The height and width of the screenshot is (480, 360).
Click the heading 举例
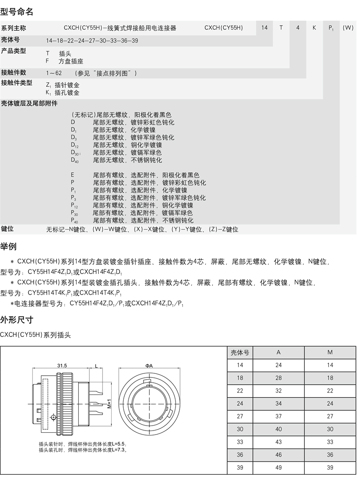point(9,247)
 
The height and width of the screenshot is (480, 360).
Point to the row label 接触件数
point(13,72)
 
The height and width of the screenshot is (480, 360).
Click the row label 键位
point(7,229)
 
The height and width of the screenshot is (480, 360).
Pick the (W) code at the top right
point(348,28)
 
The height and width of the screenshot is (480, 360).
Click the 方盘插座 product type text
point(71,61)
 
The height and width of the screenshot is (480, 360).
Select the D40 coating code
point(75,160)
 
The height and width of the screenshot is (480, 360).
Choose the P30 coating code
point(75,213)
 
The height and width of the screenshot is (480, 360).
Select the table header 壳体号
point(240,353)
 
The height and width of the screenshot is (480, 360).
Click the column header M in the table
point(330,353)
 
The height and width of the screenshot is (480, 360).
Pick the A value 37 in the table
point(279,417)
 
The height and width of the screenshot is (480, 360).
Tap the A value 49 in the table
point(279,468)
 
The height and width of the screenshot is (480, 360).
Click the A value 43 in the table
point(279,442)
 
